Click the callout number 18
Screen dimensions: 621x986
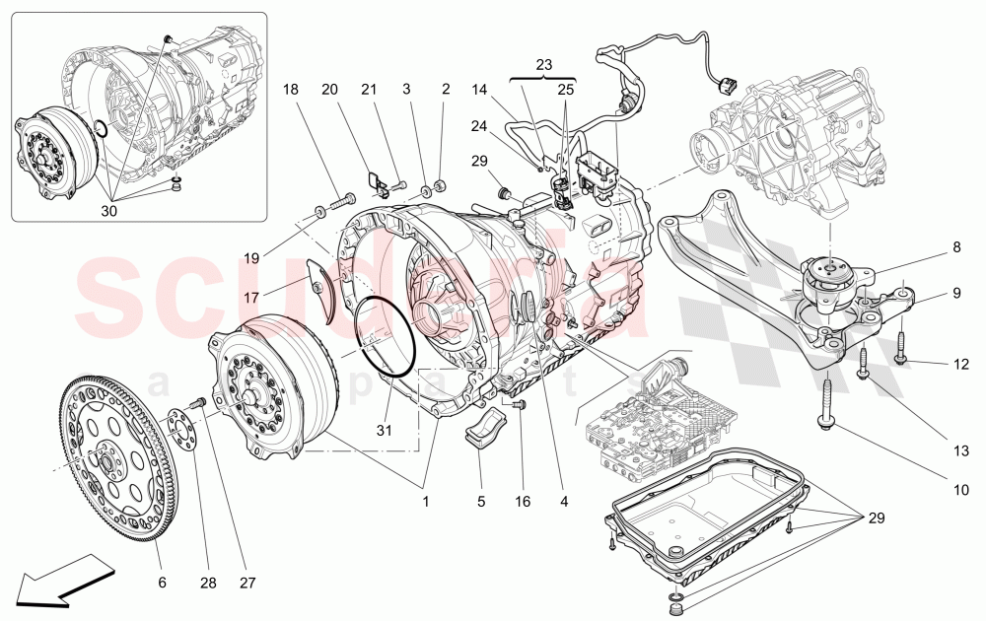[290, 90]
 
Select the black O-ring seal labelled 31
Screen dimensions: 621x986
[383, 335]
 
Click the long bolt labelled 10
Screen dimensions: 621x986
[825, 404]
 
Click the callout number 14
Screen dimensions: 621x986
[480, 90]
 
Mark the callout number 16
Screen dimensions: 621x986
[523, 502]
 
